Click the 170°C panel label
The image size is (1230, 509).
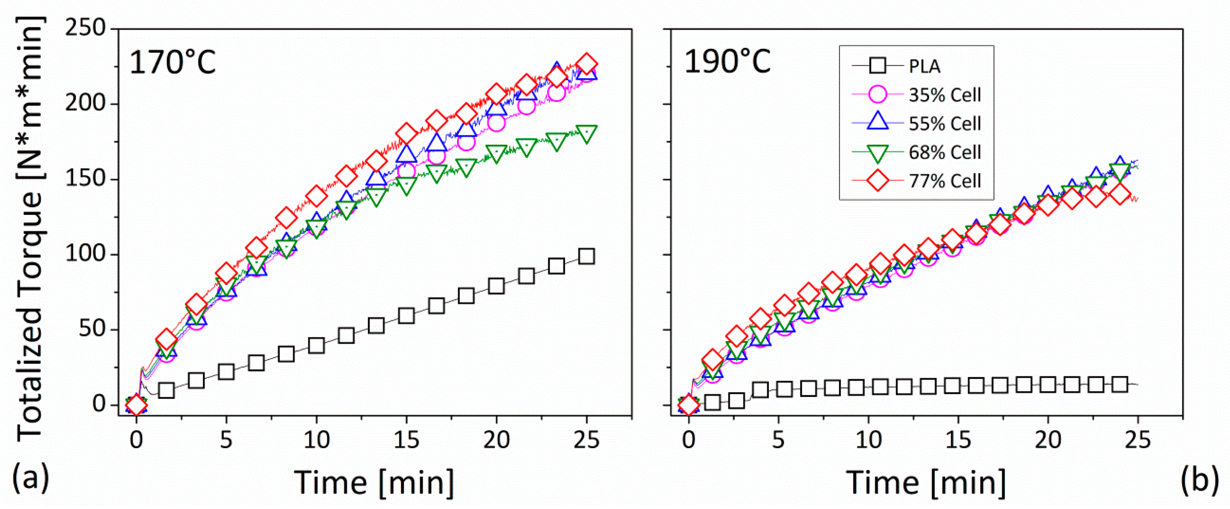pos(172,63)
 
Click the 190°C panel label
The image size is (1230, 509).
pos(727,63)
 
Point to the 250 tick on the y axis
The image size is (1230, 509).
pos(85,28)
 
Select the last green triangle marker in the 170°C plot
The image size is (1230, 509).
pos(586,133)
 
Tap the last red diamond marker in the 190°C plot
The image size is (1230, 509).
pos(1120,194)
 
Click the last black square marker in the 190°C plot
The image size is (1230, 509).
pos(1120,384)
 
